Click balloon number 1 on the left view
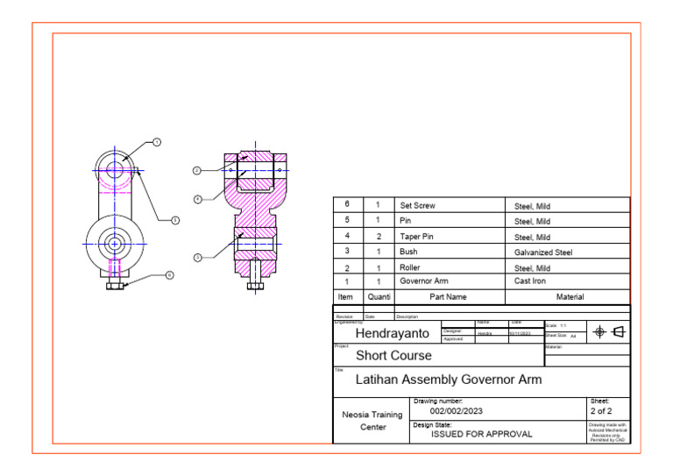pos(157,142)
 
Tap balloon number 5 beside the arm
pos(174,220)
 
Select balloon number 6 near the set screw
pos(169,275)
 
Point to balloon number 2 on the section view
pos(197,170)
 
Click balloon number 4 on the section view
pos(197,199)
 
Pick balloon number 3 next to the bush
pos(197,257)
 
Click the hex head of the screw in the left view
pos(114,286)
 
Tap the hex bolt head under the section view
pos(255,285)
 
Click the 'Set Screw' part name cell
pos(417,206)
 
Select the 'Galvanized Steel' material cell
pos(542,252)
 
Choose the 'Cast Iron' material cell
pos(529,281)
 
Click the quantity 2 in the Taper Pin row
pos(378,237)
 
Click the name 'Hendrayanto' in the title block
pos(392,334)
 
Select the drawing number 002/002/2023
pos(456,410)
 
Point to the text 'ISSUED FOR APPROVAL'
pos(481,434)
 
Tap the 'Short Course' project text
pos(393,356)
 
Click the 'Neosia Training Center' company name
pos(372,420)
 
